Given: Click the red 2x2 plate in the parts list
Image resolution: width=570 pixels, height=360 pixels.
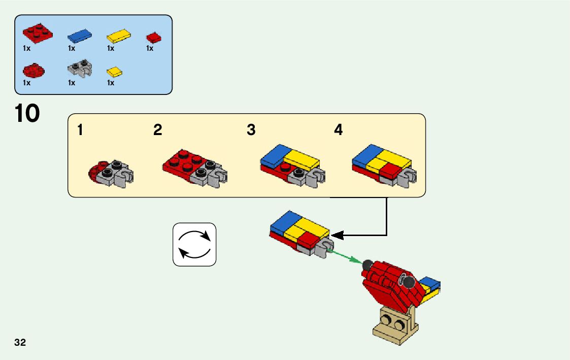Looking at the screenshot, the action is (x=38, y=33).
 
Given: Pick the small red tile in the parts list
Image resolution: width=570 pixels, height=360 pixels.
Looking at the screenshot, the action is (x=153, y=37).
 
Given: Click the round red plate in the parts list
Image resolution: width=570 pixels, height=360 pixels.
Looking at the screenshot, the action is (x=34, y=70).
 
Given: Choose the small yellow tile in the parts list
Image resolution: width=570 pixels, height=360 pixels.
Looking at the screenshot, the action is (x=115, y=71).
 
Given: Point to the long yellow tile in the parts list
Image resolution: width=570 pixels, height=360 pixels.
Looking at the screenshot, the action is (x=119, y=37).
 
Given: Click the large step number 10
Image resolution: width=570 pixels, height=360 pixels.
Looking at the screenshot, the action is (x=27, y=113).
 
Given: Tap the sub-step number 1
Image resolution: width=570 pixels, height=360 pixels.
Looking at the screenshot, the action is (x=80, y=130).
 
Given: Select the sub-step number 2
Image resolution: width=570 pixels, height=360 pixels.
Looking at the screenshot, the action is (x=158, y=130).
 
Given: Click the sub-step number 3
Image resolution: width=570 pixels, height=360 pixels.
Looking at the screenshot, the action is (x=251, y=130).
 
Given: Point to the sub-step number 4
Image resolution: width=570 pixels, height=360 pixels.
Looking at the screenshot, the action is (x=338, y=130).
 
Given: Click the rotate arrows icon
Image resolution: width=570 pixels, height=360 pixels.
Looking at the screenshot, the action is (x=194, y=244).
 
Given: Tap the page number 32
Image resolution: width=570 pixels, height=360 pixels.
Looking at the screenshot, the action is (x=20, y=342).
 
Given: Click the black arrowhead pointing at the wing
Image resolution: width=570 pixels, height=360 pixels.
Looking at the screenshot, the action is (x=337, y=235).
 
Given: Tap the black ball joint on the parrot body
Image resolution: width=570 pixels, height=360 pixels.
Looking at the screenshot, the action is (x=367, y=264).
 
